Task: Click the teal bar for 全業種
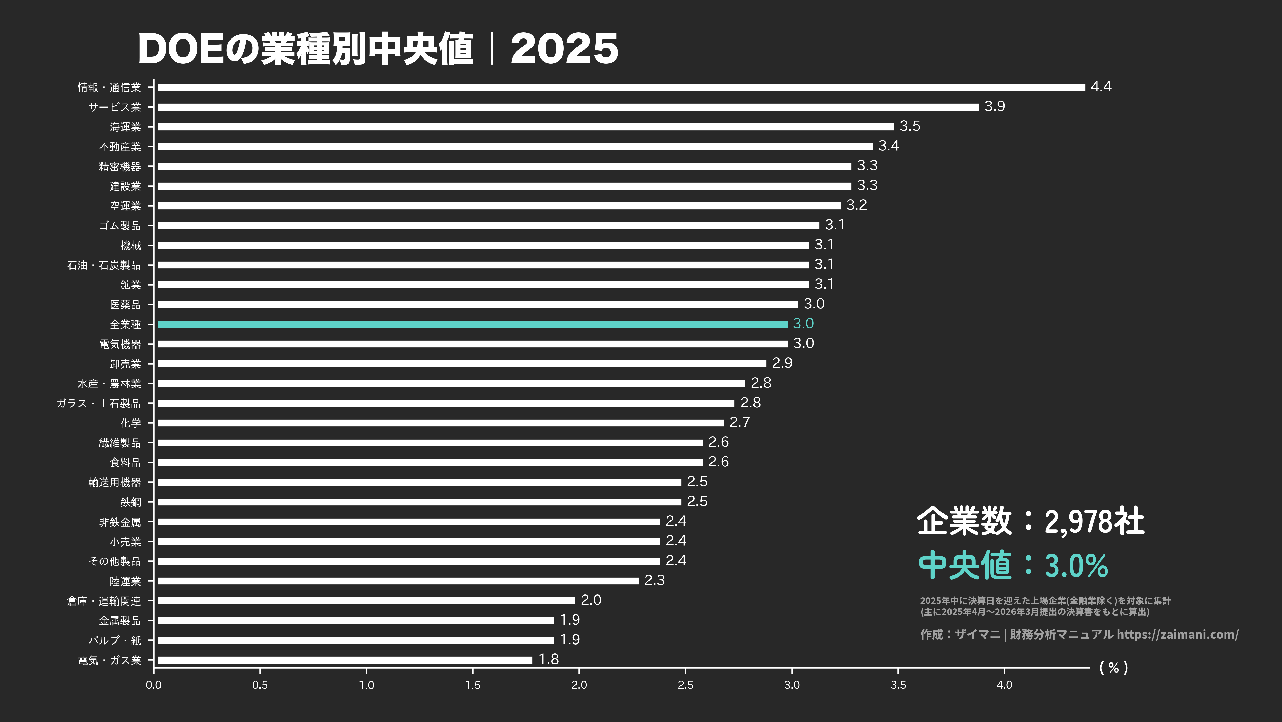pyautogui.click(x=473, y=324)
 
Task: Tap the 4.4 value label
pyautogui.click(x=1101, y=87)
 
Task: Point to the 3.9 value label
pyautogui.click(x=994, y=106)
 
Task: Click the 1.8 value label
pyautogui.click(x=549, y=659)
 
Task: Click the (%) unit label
pyautogui.click(x=1113, y=668)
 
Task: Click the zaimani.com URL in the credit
pyautogui.click(x=1177, y=634)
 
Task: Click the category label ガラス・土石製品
pyautogui.click(x=98, y=403)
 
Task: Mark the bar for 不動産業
pyautogui.click(x=515, y=147)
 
